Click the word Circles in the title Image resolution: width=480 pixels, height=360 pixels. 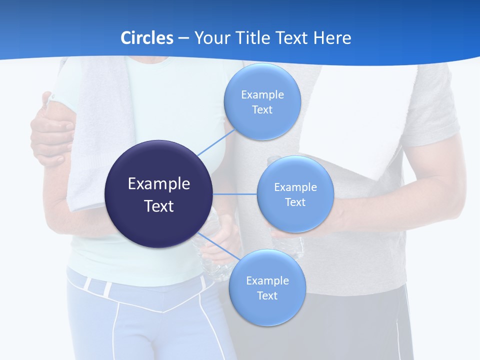tap(147, 38)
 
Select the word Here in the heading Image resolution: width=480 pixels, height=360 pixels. tap(332, 38)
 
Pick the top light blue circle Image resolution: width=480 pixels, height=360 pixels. tap(262, 102)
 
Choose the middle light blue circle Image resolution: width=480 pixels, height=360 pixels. tap(295, 194)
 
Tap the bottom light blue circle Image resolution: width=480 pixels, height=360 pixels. tap(267, 288)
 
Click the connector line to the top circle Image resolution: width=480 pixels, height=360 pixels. tap(216, 142)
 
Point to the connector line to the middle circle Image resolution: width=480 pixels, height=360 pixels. tap(235, 194)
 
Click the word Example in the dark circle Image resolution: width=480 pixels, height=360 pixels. tap(159, 184)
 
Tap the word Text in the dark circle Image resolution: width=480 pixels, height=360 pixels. tap(159, 206)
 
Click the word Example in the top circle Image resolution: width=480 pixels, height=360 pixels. tap(262, 95)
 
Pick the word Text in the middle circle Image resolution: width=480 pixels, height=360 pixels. tap(295, 202)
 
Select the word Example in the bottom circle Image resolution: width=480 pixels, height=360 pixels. tap(267, 281)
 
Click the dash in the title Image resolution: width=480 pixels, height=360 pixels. tap(183, 38)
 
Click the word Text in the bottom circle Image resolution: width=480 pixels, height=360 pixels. tap(267, 296)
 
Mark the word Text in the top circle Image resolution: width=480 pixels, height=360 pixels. tap(262, 110)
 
